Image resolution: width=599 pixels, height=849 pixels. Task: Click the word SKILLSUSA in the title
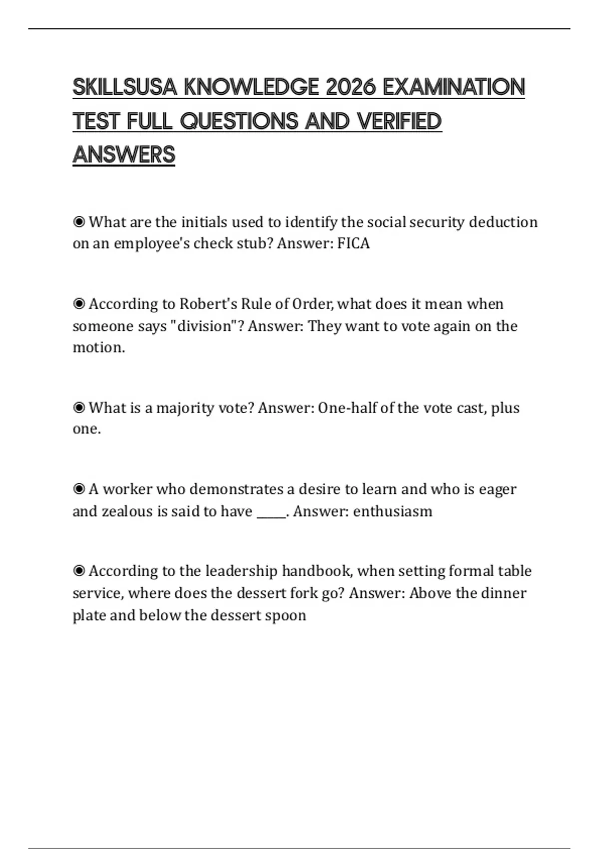point(125,87)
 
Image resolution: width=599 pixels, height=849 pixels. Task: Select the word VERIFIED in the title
point(399,121)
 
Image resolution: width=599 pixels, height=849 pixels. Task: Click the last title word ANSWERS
point(124,155)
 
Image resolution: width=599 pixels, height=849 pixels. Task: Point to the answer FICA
point(353,243)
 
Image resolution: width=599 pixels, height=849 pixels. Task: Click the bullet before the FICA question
point(79,222)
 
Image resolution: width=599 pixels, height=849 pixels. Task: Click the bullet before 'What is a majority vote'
point(79,408)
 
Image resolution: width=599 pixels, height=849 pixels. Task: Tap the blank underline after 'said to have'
point(271,512)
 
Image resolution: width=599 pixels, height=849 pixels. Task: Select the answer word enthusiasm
point(392,511)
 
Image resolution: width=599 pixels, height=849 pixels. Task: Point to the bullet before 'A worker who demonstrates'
point(79,489)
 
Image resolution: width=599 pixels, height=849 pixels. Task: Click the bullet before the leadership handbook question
point(79,571)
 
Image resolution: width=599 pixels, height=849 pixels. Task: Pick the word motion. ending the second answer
point(99,347)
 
